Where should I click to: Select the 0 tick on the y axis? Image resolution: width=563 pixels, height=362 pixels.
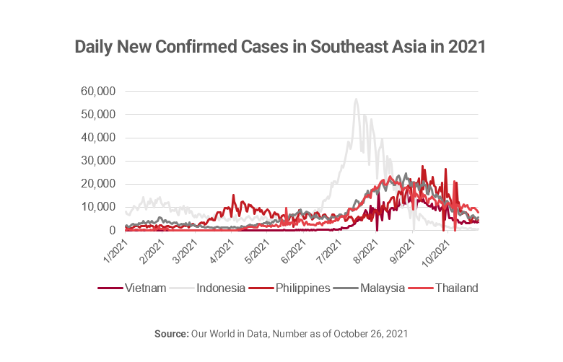113,231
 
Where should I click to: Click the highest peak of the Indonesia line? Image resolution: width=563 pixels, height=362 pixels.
356,100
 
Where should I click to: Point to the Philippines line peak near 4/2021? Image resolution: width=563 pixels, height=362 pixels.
233,195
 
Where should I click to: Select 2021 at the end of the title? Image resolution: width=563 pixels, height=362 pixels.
467,48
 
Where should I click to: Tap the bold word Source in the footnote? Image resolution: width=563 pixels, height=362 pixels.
170,334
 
